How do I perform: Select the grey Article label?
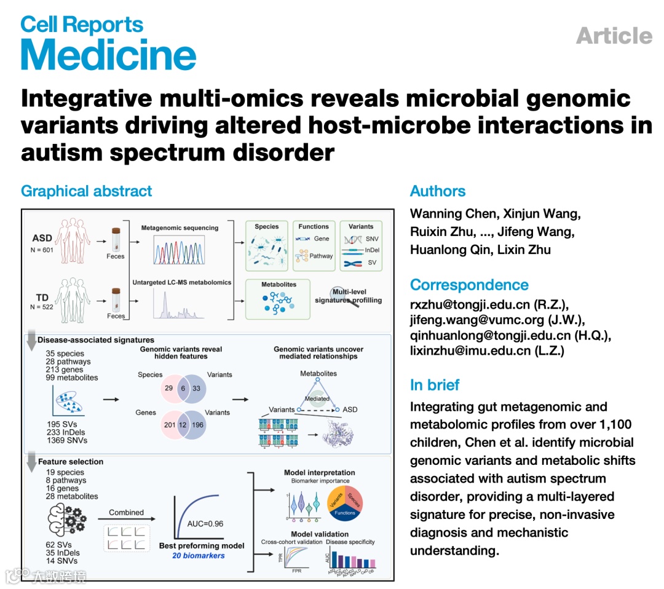[x=614, y=36]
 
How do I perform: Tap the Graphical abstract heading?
[x=86, y=191]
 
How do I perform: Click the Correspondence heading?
[x=469, y=285]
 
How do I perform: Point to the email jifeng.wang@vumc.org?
[x=476, y=320]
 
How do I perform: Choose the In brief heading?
[x=435, y=385]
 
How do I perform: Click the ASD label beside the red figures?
[x=42, y=238]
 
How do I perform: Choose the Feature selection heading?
[x=70, y=461]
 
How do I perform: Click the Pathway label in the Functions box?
[x=321, y=256]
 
